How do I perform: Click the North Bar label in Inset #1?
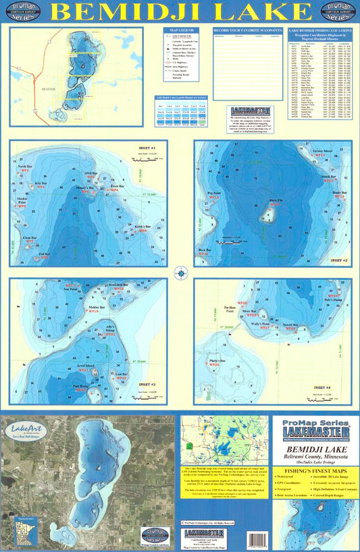tap(25, 167)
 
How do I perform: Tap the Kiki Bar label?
tap(41, 183)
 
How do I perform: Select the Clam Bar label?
tap(30, 238)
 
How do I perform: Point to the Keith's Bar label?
tap(142, 227)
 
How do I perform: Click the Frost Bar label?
tap(117, 186)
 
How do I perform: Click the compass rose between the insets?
tap(180, 273)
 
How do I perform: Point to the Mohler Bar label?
tap(98, 307)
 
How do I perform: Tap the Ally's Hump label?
tap(113, 327)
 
